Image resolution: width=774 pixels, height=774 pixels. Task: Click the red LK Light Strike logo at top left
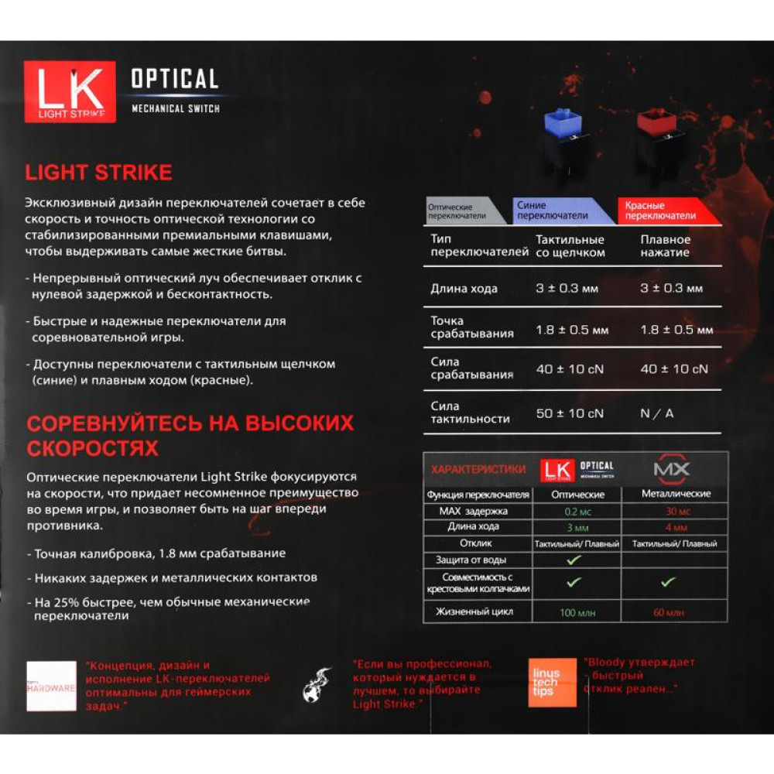pos(70,91)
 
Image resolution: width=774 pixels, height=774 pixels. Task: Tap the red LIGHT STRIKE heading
pos(98,172)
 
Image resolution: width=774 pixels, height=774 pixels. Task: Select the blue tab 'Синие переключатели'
pos(563,211)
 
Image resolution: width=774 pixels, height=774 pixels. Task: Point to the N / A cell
pos(657,413)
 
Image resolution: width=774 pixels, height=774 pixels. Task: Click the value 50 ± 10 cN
pos(570,413)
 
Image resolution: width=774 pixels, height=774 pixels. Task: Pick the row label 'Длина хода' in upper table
pos(464,289)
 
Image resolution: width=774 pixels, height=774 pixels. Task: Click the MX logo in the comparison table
pos(671,470)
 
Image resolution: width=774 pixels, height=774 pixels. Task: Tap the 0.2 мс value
pos(574,511)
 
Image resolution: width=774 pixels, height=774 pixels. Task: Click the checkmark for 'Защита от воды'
pos(574,559)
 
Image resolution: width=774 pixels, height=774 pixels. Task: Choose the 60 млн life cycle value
pos(669,612)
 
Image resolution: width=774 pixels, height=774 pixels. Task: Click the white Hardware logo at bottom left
pos(51,686)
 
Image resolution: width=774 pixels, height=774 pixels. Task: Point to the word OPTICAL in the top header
pos(174,79)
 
